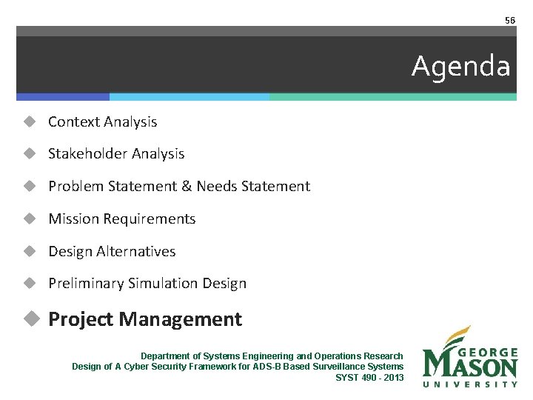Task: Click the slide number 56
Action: click(509, 20)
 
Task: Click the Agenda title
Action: click(460, 67)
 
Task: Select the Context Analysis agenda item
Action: click(102, 121)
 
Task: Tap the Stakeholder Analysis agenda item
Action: click(116, 154)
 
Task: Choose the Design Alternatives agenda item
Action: click(112, 252)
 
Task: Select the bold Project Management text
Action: click(145, 319)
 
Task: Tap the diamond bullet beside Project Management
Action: click(30, 319)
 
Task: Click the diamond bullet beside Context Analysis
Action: click(30, 121)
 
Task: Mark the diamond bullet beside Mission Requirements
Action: click(30, 219)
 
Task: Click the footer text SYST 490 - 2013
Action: click(369, 377)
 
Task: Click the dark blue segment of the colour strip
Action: click(63, 96)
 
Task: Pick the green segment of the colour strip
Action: click(392, 96)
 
